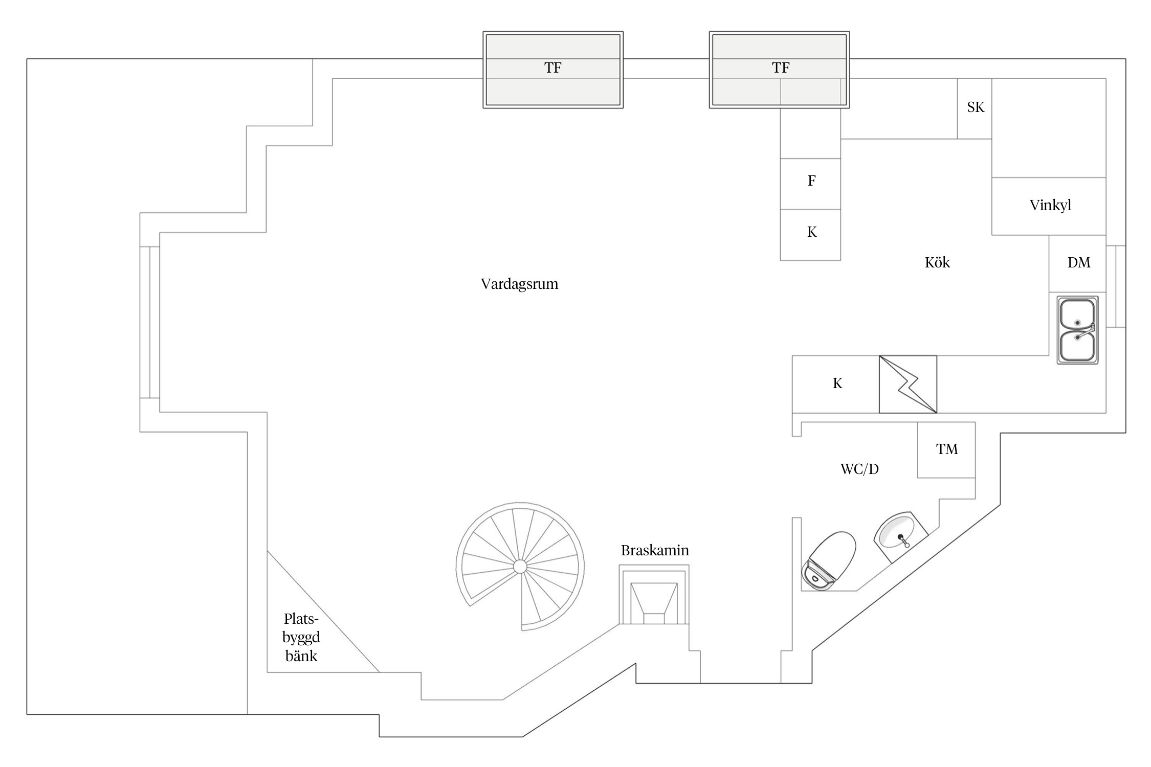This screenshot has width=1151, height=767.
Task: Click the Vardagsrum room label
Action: click(x=519, y=284)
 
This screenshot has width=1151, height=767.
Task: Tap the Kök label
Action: click(x=937, y=262)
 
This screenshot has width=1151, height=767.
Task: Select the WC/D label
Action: click(x=859, y=469)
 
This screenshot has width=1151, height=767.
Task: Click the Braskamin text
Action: click(x=655, y=550)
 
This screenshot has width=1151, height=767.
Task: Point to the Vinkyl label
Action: click(x=1050, y=205)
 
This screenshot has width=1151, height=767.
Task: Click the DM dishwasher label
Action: click(x=1079, y=262)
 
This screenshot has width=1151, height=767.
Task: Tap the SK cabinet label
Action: click(x=976, y=107)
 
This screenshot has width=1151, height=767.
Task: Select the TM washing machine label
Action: click(x=947, y=449)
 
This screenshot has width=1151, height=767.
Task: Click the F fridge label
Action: click(x=811, y=181)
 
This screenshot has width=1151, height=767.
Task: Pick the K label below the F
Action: click(x=812, y=232)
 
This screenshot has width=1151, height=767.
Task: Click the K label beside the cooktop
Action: click(x=837, y=383)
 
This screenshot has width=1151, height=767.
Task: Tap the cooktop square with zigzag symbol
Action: click(x=908, y=384)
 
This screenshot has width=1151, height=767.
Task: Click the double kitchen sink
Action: click(x=1077, y=330)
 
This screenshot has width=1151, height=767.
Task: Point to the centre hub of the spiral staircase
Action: click(x=520, y=566)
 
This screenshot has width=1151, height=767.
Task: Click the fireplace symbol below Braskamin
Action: click(x=654, y=594)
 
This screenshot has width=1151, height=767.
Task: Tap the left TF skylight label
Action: click(x=552, y=67)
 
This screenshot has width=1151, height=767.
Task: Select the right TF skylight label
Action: click(x=781, y=67)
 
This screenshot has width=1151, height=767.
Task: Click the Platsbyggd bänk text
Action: click(x=301, y=638)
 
